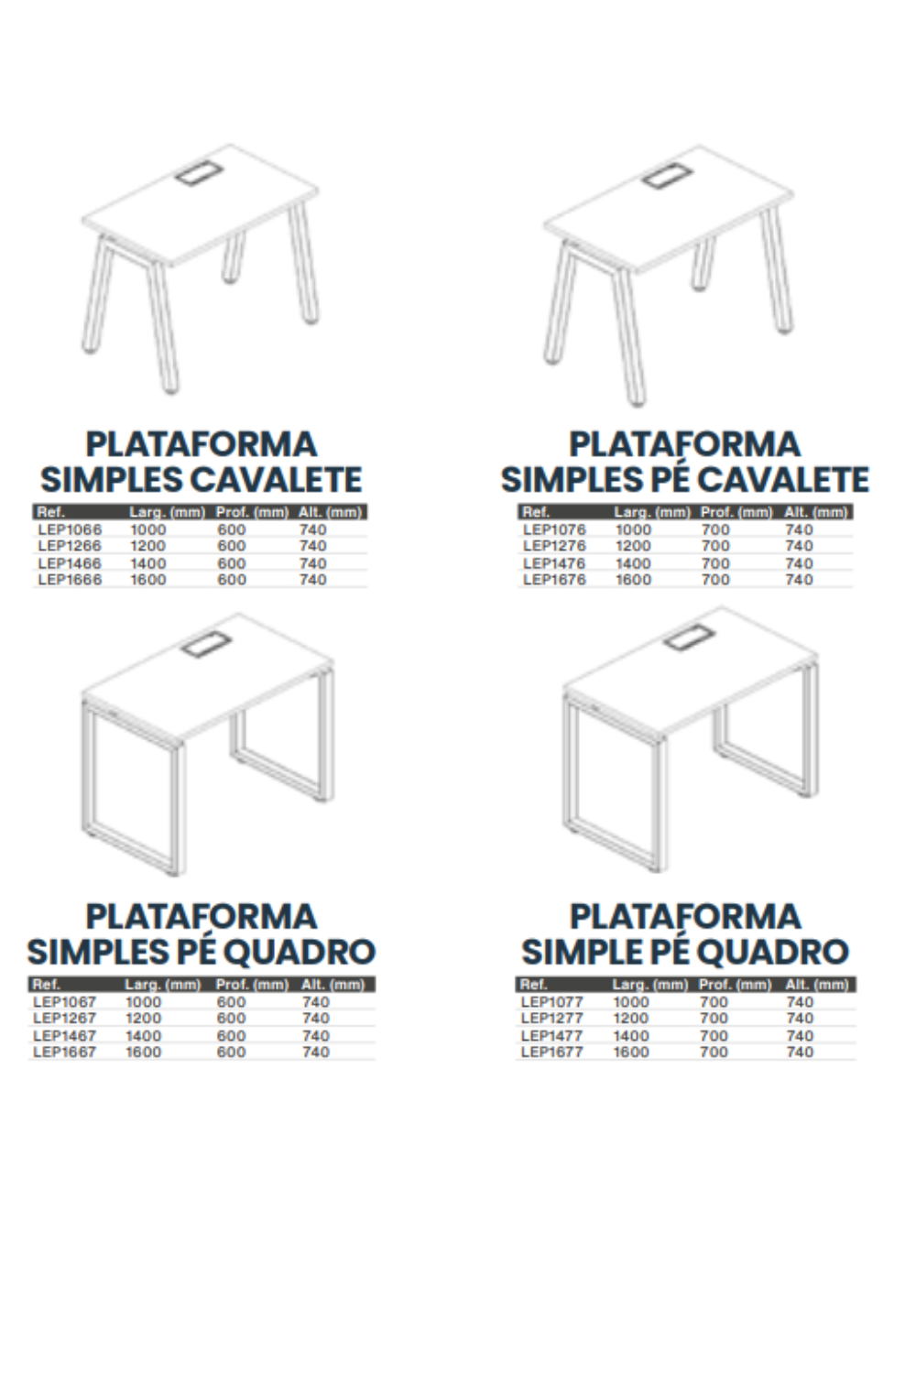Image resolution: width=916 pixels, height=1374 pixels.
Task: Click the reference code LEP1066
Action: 70,529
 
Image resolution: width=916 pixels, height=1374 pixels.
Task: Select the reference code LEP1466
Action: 70,563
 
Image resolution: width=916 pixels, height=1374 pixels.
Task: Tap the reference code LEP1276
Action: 554,546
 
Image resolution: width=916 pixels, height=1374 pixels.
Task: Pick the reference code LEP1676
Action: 554,580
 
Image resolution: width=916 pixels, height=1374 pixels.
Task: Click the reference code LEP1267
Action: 65,1019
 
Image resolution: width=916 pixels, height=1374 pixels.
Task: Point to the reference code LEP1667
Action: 65,1052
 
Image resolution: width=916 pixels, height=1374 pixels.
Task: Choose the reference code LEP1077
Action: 552,1002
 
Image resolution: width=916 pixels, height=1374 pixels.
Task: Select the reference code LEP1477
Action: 552,1035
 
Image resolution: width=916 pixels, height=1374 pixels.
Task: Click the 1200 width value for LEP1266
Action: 147,546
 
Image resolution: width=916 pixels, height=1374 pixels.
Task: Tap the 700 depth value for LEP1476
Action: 716,563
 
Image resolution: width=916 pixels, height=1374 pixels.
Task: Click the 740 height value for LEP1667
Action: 316,1052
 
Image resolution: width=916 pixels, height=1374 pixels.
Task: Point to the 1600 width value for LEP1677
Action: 631,1052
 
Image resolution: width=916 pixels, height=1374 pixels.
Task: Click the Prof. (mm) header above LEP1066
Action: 252,512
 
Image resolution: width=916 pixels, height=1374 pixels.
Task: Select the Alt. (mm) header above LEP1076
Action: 816,512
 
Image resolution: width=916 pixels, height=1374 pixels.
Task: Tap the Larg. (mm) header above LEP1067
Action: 163,985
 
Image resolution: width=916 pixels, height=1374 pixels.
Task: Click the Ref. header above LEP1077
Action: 533,985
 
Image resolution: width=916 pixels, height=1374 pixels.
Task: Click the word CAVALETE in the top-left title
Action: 277,480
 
